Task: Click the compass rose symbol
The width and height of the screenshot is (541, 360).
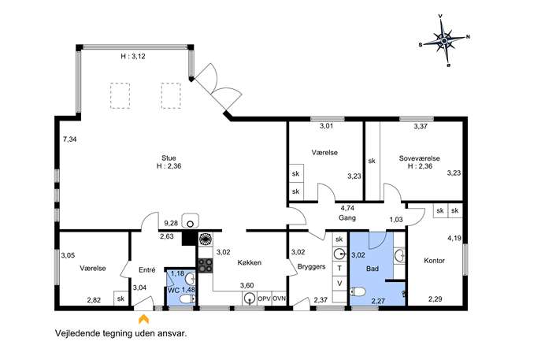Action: coord(444,41)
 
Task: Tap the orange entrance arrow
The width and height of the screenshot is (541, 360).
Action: coord(144,318)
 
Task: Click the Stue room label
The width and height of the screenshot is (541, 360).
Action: coord(169,158)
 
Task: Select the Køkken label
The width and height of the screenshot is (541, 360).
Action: coord(250,262)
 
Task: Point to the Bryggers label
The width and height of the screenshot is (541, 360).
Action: coord(312,267)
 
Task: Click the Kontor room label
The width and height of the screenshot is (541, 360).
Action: coord(435,261)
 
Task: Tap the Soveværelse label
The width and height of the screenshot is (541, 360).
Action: coord(420,158)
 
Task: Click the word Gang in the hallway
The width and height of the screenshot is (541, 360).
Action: coord(347,217)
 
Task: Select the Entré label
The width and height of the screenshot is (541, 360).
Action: coord(147,270)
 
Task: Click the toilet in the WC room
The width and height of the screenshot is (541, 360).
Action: coord(187,299)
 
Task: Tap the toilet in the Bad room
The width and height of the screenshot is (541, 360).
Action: coord(358,292)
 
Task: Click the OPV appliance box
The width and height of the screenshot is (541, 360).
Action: coord(265,299)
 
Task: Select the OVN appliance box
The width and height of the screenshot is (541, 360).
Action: coord(279,299)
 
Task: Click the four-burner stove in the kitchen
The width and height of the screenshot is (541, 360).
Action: coord(206,265)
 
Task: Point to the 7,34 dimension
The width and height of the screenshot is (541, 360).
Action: coord(70,139)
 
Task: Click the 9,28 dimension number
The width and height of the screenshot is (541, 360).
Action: coord(171,223)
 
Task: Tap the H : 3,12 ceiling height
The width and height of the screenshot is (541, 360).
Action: coord(133,56)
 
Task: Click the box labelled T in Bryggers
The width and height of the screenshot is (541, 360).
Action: coord(339,268)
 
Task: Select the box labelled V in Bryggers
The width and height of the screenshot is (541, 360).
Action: coord(339,284)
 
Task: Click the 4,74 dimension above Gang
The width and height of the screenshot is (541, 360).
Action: coord(347,208)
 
